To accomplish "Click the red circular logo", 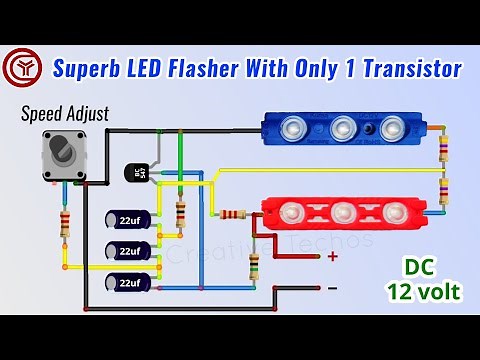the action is pyautogui.click(x=20, y=68).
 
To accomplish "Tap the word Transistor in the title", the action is pyautogui.click(x=411, y=68).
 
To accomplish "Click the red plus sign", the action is pyautogui.click(x=332, y=257).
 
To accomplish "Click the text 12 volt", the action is pyautogui.click(x=423, y=293).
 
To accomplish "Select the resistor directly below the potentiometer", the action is pyautogui.click(x=66, y=224).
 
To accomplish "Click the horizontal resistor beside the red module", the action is pyautogui.click(x=233, y=214).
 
